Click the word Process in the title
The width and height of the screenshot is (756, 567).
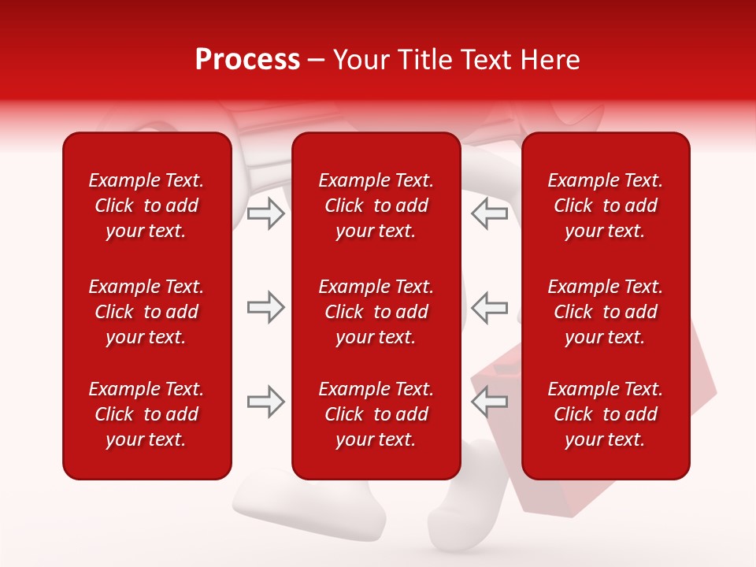pos(247,60)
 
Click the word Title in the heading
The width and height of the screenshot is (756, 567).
pos(426,60)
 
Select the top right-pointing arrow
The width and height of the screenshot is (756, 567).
pos(266,213)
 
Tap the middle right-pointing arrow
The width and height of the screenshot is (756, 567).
pos(266,307)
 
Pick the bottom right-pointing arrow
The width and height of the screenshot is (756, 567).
pos(266,402)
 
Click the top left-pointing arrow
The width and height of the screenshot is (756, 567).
pos(489,213)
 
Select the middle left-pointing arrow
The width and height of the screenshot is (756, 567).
pos(489,307)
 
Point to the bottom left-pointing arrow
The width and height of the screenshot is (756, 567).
pos(489,402)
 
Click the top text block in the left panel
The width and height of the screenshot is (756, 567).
pos(146,206)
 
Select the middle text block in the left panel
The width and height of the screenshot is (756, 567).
pos(146,312)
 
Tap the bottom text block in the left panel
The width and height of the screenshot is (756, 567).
pos(146,414)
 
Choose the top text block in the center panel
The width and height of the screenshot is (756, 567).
pos(376,206)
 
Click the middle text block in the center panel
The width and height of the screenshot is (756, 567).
pos(376,312)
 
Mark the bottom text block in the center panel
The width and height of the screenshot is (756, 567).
pos(376,414)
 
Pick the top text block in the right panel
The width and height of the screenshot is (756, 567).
pos(605,206)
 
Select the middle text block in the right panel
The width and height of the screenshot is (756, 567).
pos(605,312)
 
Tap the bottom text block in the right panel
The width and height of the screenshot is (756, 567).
pos(605,414)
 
